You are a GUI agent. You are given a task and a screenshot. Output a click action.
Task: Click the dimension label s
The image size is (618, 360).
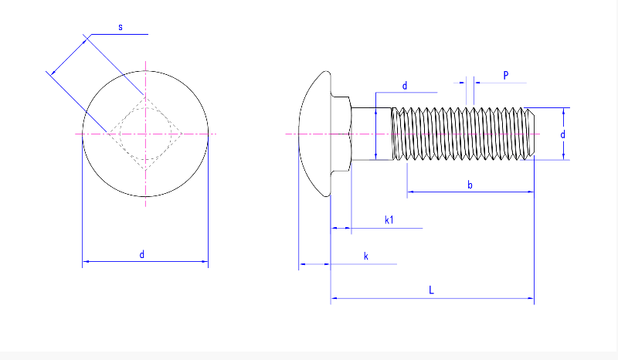(121, 27)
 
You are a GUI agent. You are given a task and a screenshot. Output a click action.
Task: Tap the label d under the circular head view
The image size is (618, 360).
(142, 254)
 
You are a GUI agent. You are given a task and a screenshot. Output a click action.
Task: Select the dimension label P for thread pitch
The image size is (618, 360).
(506, 75)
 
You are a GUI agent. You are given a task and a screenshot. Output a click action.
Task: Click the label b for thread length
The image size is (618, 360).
(470, 185)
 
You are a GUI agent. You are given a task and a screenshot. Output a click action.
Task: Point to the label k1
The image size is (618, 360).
(389, 220)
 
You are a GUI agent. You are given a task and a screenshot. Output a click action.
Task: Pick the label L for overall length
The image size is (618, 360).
(431, 290)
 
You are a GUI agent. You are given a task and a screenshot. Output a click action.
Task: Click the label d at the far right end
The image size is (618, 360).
(563, 134)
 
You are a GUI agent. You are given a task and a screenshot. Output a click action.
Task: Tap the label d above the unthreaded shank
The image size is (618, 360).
(405, 86)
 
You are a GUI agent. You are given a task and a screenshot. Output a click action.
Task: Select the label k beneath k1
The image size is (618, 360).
(365, 256)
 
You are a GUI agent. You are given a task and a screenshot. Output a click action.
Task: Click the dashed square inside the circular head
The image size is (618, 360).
(145, 134)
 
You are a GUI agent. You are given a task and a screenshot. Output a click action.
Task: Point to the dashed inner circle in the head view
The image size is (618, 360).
(145, 134)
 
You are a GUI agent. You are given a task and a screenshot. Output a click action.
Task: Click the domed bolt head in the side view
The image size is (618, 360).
(314, 134)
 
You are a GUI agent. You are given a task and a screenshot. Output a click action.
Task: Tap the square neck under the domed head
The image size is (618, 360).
(341, 134)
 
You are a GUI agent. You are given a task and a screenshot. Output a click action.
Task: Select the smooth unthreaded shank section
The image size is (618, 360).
(372, 134)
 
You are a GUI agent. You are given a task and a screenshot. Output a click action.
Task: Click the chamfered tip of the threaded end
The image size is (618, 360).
(531, 134)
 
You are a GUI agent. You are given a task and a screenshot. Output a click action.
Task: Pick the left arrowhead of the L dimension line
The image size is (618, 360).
(334, 298)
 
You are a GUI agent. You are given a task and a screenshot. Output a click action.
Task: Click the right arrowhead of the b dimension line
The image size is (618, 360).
(531, 192)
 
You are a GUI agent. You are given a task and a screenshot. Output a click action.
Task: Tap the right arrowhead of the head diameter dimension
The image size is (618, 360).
(205, 261)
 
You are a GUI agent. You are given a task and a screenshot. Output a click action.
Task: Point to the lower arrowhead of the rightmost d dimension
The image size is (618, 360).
(564, 156)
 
